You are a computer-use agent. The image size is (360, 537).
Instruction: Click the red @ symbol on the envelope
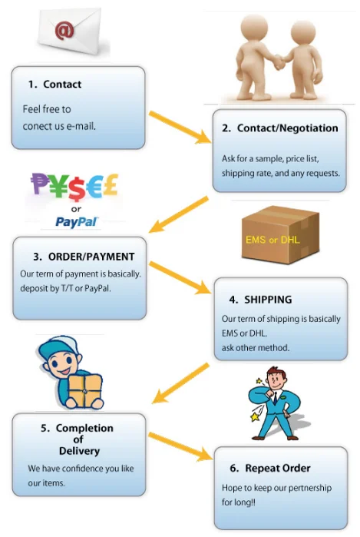[64, 30]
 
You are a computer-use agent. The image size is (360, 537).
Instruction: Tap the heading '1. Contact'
[54, 84]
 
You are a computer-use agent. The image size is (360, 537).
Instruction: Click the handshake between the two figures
[279, 61]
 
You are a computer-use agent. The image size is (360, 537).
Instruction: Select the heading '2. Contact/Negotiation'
[280, 128]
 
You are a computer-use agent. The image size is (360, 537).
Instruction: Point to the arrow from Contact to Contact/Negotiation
[180, 127]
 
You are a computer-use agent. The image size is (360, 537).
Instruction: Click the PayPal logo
[77, 222]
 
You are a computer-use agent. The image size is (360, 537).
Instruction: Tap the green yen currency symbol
[58, 186]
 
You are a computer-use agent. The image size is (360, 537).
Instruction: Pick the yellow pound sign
[111, 184]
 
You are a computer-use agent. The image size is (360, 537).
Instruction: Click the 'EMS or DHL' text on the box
[272, 240]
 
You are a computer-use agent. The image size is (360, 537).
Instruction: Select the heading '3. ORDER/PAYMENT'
[84, 257]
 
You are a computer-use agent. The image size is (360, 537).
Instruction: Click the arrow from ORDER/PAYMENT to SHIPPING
[180, 277]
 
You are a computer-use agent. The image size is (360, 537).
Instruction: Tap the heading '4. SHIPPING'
[260, 300]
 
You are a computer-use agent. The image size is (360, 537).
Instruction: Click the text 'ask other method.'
[256, 347]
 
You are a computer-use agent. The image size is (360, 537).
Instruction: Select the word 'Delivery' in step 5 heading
[79, 451]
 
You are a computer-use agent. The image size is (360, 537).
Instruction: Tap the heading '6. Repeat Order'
[270, 468]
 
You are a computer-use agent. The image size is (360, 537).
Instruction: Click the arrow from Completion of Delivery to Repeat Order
[180, 446]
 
